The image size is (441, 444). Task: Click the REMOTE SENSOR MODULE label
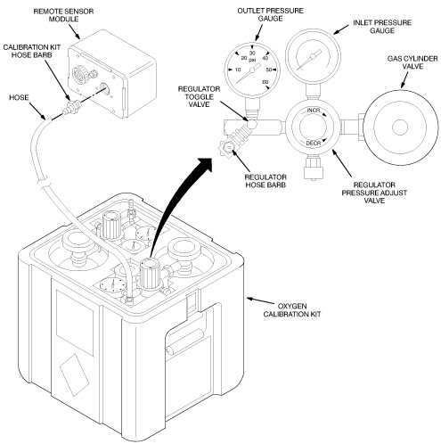coord(63,15)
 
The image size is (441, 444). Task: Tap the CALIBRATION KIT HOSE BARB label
coord(32,51)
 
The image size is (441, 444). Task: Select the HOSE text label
coord(19,97)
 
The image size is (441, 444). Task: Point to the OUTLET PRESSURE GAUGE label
coord(270,14)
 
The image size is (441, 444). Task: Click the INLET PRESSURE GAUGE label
coord(382,27)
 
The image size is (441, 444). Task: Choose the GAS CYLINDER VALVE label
coord(412,62)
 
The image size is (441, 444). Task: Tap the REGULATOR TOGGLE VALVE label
coord(199,96)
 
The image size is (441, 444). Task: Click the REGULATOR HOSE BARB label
coord(265,181)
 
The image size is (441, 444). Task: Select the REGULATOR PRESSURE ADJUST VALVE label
coord(374,193)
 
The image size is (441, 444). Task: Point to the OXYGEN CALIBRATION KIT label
coord(292,310)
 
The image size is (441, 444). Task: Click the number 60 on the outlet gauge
coord(265,82)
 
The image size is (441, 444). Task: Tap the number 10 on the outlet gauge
coord(238,70)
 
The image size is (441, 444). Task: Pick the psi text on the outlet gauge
coord(252,60)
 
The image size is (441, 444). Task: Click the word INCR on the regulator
coord(314,111)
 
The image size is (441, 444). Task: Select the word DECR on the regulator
coord(314,144)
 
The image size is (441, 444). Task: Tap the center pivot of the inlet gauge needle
coord(313,56)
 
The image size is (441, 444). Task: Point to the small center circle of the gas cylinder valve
coord(400,127)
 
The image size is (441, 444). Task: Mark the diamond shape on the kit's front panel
coord(74,374)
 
